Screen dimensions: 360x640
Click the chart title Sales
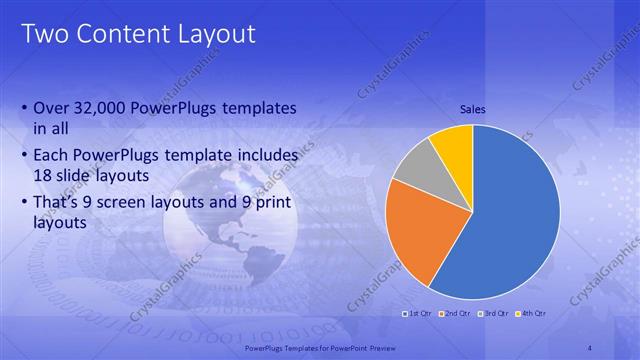pos(472,109)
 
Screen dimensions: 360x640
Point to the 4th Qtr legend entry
pos(531,313)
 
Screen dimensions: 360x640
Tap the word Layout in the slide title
pos(211,35)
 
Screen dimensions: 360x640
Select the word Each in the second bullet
pos(51,155)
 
